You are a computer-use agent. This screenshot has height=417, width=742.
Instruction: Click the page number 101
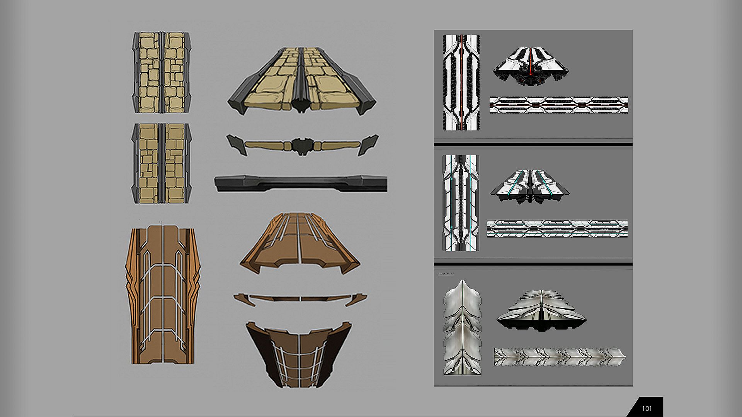click(x=647, y=409)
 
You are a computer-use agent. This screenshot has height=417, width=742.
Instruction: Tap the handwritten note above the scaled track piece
click(x=446, y=274)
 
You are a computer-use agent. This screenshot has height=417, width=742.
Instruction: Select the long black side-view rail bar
click(x=301, y=183)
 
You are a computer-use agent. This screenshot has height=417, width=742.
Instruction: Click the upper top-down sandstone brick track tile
click(x=162, y=73)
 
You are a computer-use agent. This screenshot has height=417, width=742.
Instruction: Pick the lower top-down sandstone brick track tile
click(x=162, y=163)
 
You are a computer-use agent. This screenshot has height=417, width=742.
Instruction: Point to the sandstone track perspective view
click(x=301, y=81)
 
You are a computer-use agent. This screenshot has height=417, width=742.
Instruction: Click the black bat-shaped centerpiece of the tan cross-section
click(x=302, y=146)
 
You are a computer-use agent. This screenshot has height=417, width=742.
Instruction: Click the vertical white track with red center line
click(x=461, y=82)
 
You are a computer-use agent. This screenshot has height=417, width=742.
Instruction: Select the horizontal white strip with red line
click(x=558, y=105)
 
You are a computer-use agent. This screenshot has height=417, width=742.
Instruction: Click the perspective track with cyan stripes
click(x=529, y=186)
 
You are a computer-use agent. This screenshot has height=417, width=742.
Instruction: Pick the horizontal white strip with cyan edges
click(x=557, y=229)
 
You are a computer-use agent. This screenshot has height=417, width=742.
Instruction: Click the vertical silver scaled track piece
click(x=462, y=328)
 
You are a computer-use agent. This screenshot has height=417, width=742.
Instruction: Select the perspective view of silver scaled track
click(x=541, y=311)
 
